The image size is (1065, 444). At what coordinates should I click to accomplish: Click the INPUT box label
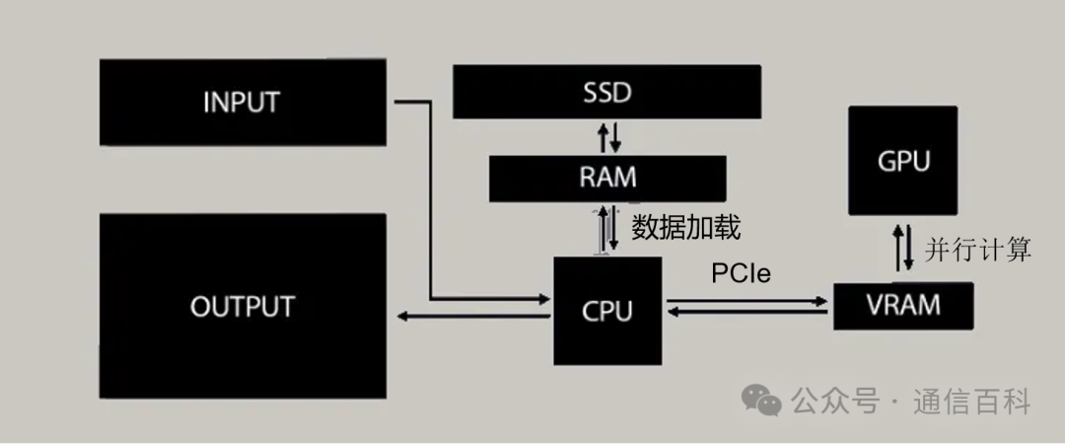tap(241, 102)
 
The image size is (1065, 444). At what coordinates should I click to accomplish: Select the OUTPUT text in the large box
tap(242, 306)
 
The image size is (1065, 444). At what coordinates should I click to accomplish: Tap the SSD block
tap(605, 94)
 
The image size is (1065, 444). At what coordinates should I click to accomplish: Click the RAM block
tap(607, 178)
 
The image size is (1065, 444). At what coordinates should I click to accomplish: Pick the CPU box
tap(606, 311)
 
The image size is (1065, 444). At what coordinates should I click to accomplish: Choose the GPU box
tap(902, 161)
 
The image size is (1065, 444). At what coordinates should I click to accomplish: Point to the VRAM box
tap(903, 305)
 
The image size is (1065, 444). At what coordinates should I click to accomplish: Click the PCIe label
tap(743, 273)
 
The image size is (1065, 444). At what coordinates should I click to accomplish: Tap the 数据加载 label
tap(685, 228)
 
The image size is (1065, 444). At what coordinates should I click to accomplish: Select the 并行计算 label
tap(978, 250)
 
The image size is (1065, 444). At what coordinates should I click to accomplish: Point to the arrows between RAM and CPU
tap(606, 229)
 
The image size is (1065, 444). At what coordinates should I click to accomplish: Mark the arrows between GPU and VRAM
tap(902, 248)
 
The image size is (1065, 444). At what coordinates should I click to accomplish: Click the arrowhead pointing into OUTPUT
tap(401, 316)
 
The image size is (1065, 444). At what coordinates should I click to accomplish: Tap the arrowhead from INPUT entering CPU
tap(545, 298)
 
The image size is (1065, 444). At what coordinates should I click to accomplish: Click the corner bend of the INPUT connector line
tap(431, 102)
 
